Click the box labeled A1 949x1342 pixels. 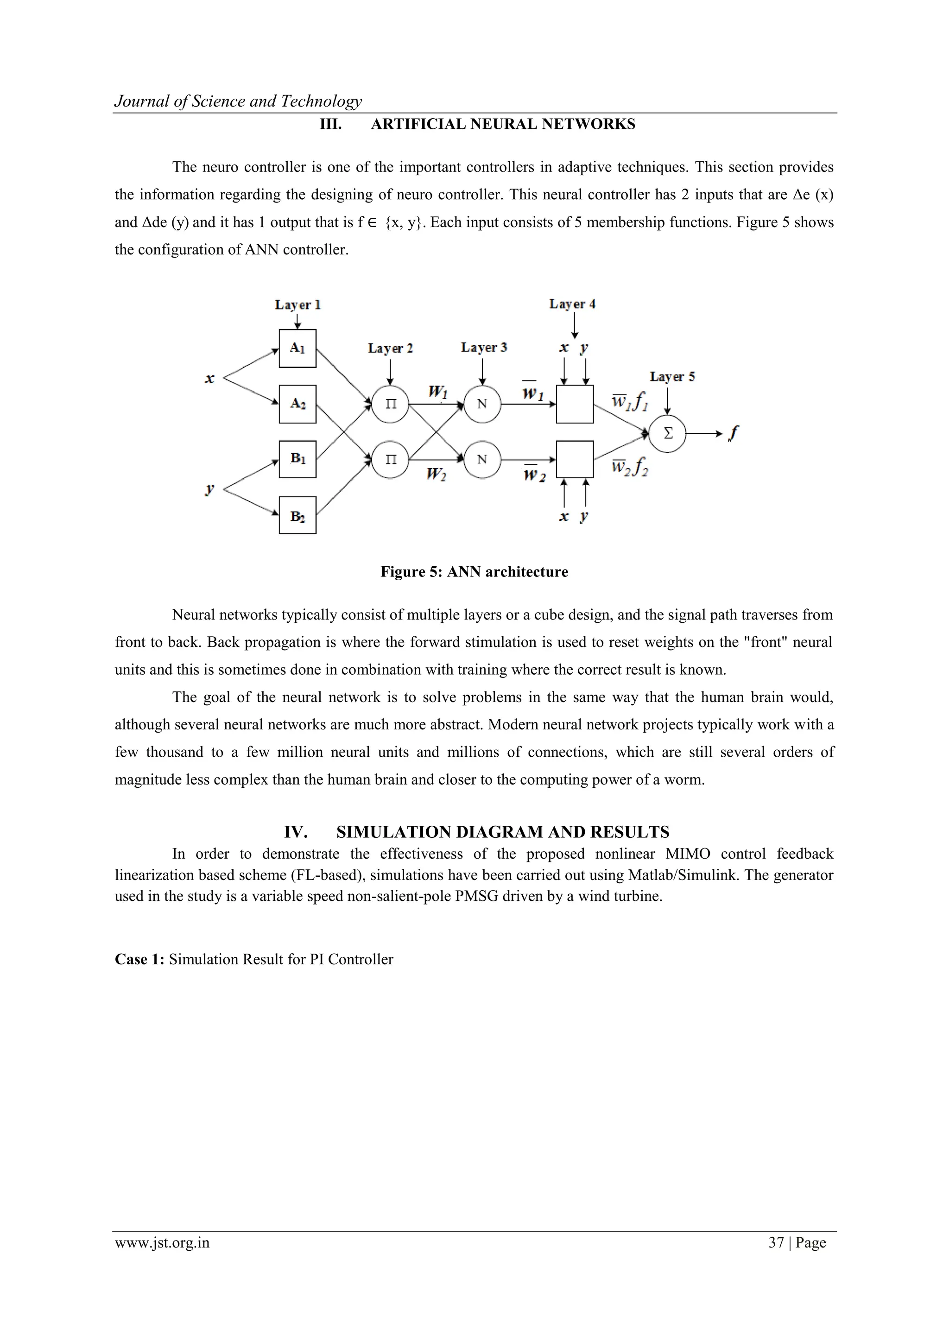pyautogui.click(x=297, y=348)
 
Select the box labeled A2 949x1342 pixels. pyautogui.click(x=297, y=404)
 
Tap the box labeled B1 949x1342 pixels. pyautogui.click(x=297, y=459)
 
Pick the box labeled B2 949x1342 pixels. pyautogui.click(x=297, y=515)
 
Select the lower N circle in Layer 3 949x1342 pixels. pyautogui.click(x=482, y=459)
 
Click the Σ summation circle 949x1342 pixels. pyautogui.click(x=668, y=433)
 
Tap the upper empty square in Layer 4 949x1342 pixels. pyautogui.click(x=575, y=404)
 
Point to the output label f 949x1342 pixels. pyautogui.click(x=734, y=433)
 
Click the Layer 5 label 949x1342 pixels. pyautogui.click(x=672, y=377)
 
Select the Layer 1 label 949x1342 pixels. pyautogui.click(x=297, y=304)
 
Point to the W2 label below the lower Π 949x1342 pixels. pyautogui.click(x=436, y=474)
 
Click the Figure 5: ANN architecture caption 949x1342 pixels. pyautogui.click(x=474, y=572)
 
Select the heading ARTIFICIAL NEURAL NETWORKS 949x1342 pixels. pyautogui.click(x=503, y=125)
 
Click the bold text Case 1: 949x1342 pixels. pyautogui.click(x=140, y=959)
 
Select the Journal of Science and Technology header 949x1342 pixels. pyautogui.click(x=238, y=101)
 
